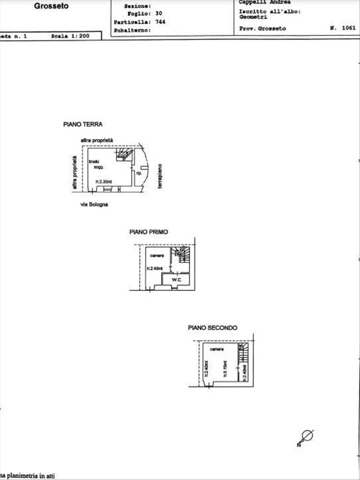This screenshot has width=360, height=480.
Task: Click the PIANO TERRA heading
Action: click(83, 124)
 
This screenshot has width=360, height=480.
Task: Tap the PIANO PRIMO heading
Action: click(149, 232)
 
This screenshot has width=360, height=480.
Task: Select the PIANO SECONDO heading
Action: click(212, 328)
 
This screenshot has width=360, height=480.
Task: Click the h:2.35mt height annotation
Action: click(104, 181)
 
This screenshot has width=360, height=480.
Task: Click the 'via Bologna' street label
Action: click(95, 204)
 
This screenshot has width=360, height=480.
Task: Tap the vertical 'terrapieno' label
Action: click(160, 176)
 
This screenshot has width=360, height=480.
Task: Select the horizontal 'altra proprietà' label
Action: click(97, 139)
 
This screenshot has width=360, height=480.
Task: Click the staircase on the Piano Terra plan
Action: click(125, 154)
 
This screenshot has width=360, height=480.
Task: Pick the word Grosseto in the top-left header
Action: click(51, 6)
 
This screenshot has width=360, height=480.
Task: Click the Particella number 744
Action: click(160, 22)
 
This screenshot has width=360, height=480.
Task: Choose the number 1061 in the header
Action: click(348, 28)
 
